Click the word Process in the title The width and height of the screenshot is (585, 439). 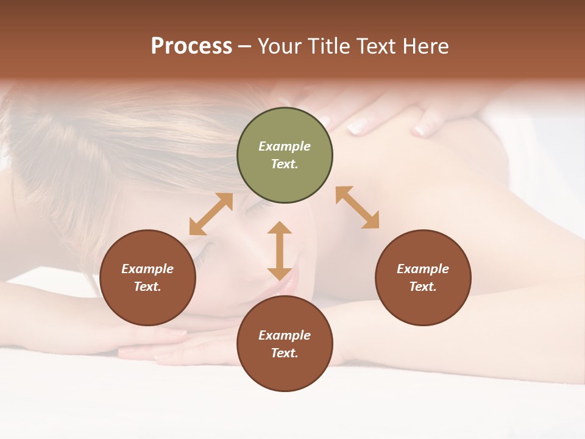pyautogui.click(x=191, y=46)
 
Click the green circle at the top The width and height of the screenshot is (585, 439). pyautogui.click(x=285, y=155)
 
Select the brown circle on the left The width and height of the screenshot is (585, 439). pyautogui.click(x=147, y=277)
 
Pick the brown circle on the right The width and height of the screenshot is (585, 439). pyautogui.click(x=423, y=277)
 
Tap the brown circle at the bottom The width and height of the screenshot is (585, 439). pyautogui.click(x=285, y=344)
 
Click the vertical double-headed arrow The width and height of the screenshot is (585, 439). pyautogui.click(x=280, y=251)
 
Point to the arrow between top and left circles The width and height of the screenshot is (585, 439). pyautogui.click(x=211, y=214)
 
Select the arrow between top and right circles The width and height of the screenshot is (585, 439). pyautogui.click(x=357, y=207)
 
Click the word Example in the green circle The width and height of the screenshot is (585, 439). pyautogui.click(x=285, y=146)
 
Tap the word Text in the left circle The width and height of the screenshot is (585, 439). pyautogui.click(x=147, y=287)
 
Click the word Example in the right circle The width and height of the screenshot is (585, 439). pyautogui.click(x=423, y=269)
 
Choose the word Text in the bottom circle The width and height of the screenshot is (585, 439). pyautogui.click(x=285, y=353)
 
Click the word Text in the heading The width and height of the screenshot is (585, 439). pyautogui.click(x=377, y=46)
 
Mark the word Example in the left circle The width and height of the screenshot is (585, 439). pyautogui.click(x=147, y=269)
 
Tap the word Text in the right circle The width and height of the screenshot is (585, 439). pyautogui.click(x=423, y=287)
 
